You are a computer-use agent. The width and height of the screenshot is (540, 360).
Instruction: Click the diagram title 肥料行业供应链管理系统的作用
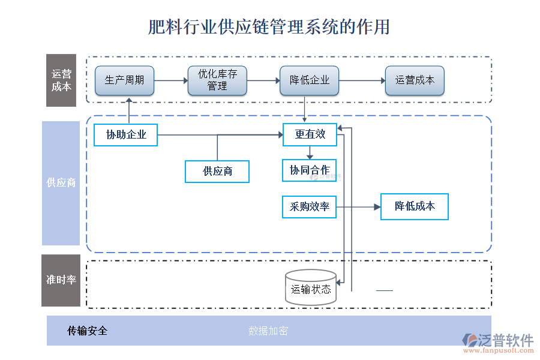coord(269,27)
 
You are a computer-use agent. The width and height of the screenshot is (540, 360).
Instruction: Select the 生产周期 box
coord(124,80)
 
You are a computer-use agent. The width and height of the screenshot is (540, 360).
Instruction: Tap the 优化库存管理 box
coord(217,80)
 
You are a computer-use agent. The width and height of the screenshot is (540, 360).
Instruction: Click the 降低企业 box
coord(310,80)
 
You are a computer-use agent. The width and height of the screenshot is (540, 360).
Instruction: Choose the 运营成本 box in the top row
coord(415,80)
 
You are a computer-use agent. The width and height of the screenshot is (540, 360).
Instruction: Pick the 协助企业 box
coord(126,134)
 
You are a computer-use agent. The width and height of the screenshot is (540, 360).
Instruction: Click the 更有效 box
coord(310,134)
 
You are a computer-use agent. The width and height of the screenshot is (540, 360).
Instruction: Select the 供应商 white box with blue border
coord(217,172)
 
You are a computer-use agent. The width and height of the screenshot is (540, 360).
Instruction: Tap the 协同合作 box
coord(310,170)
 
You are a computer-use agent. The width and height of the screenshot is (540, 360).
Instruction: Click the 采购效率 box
coord(310,206)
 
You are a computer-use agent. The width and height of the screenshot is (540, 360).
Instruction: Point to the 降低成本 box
coord(415,206)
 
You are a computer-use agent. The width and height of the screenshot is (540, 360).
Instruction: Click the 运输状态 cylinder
coord(311,288)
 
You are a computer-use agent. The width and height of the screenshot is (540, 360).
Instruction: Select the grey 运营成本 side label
coord(61,80)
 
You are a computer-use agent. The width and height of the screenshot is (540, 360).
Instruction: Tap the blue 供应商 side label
coord(61,183)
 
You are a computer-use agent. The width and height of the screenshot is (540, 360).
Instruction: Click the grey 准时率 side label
coord(61,280)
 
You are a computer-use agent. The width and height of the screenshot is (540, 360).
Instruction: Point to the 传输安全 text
coord(87,331)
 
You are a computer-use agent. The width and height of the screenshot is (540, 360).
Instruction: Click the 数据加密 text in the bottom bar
coord(268,331)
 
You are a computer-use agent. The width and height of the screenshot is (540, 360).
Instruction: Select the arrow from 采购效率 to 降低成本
coord(358,207)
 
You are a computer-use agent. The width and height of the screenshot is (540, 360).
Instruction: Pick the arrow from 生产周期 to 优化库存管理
coord(170,80)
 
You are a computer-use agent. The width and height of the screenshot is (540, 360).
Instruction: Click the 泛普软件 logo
coord(498,343)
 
